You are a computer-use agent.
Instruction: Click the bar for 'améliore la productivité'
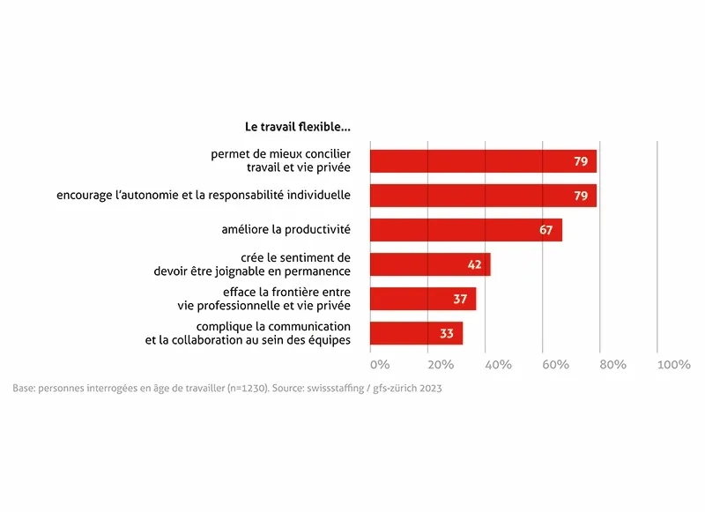(465, 230)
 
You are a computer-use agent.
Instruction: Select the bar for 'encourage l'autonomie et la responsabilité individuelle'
(483, 196)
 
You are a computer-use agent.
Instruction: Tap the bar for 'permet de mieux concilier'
(483, 161)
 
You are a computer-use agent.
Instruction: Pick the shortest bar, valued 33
(416, 333)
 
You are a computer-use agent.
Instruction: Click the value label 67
(545, 230)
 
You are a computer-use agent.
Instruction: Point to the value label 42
(473, 264)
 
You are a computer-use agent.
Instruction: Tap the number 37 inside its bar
(459, 299)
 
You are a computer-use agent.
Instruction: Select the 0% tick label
(380, 365)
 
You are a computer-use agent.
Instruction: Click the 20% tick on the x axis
(441, 365)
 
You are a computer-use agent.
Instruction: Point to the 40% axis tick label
(498, 365)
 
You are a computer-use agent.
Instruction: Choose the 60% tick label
(555, 365)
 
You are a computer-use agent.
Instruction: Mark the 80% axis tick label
(612, 365)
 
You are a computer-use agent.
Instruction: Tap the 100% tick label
(673, 365)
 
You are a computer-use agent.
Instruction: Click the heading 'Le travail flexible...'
(297, 127)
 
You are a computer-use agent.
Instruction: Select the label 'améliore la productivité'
(286, 230)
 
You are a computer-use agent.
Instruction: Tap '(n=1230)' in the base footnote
(219, 389)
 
